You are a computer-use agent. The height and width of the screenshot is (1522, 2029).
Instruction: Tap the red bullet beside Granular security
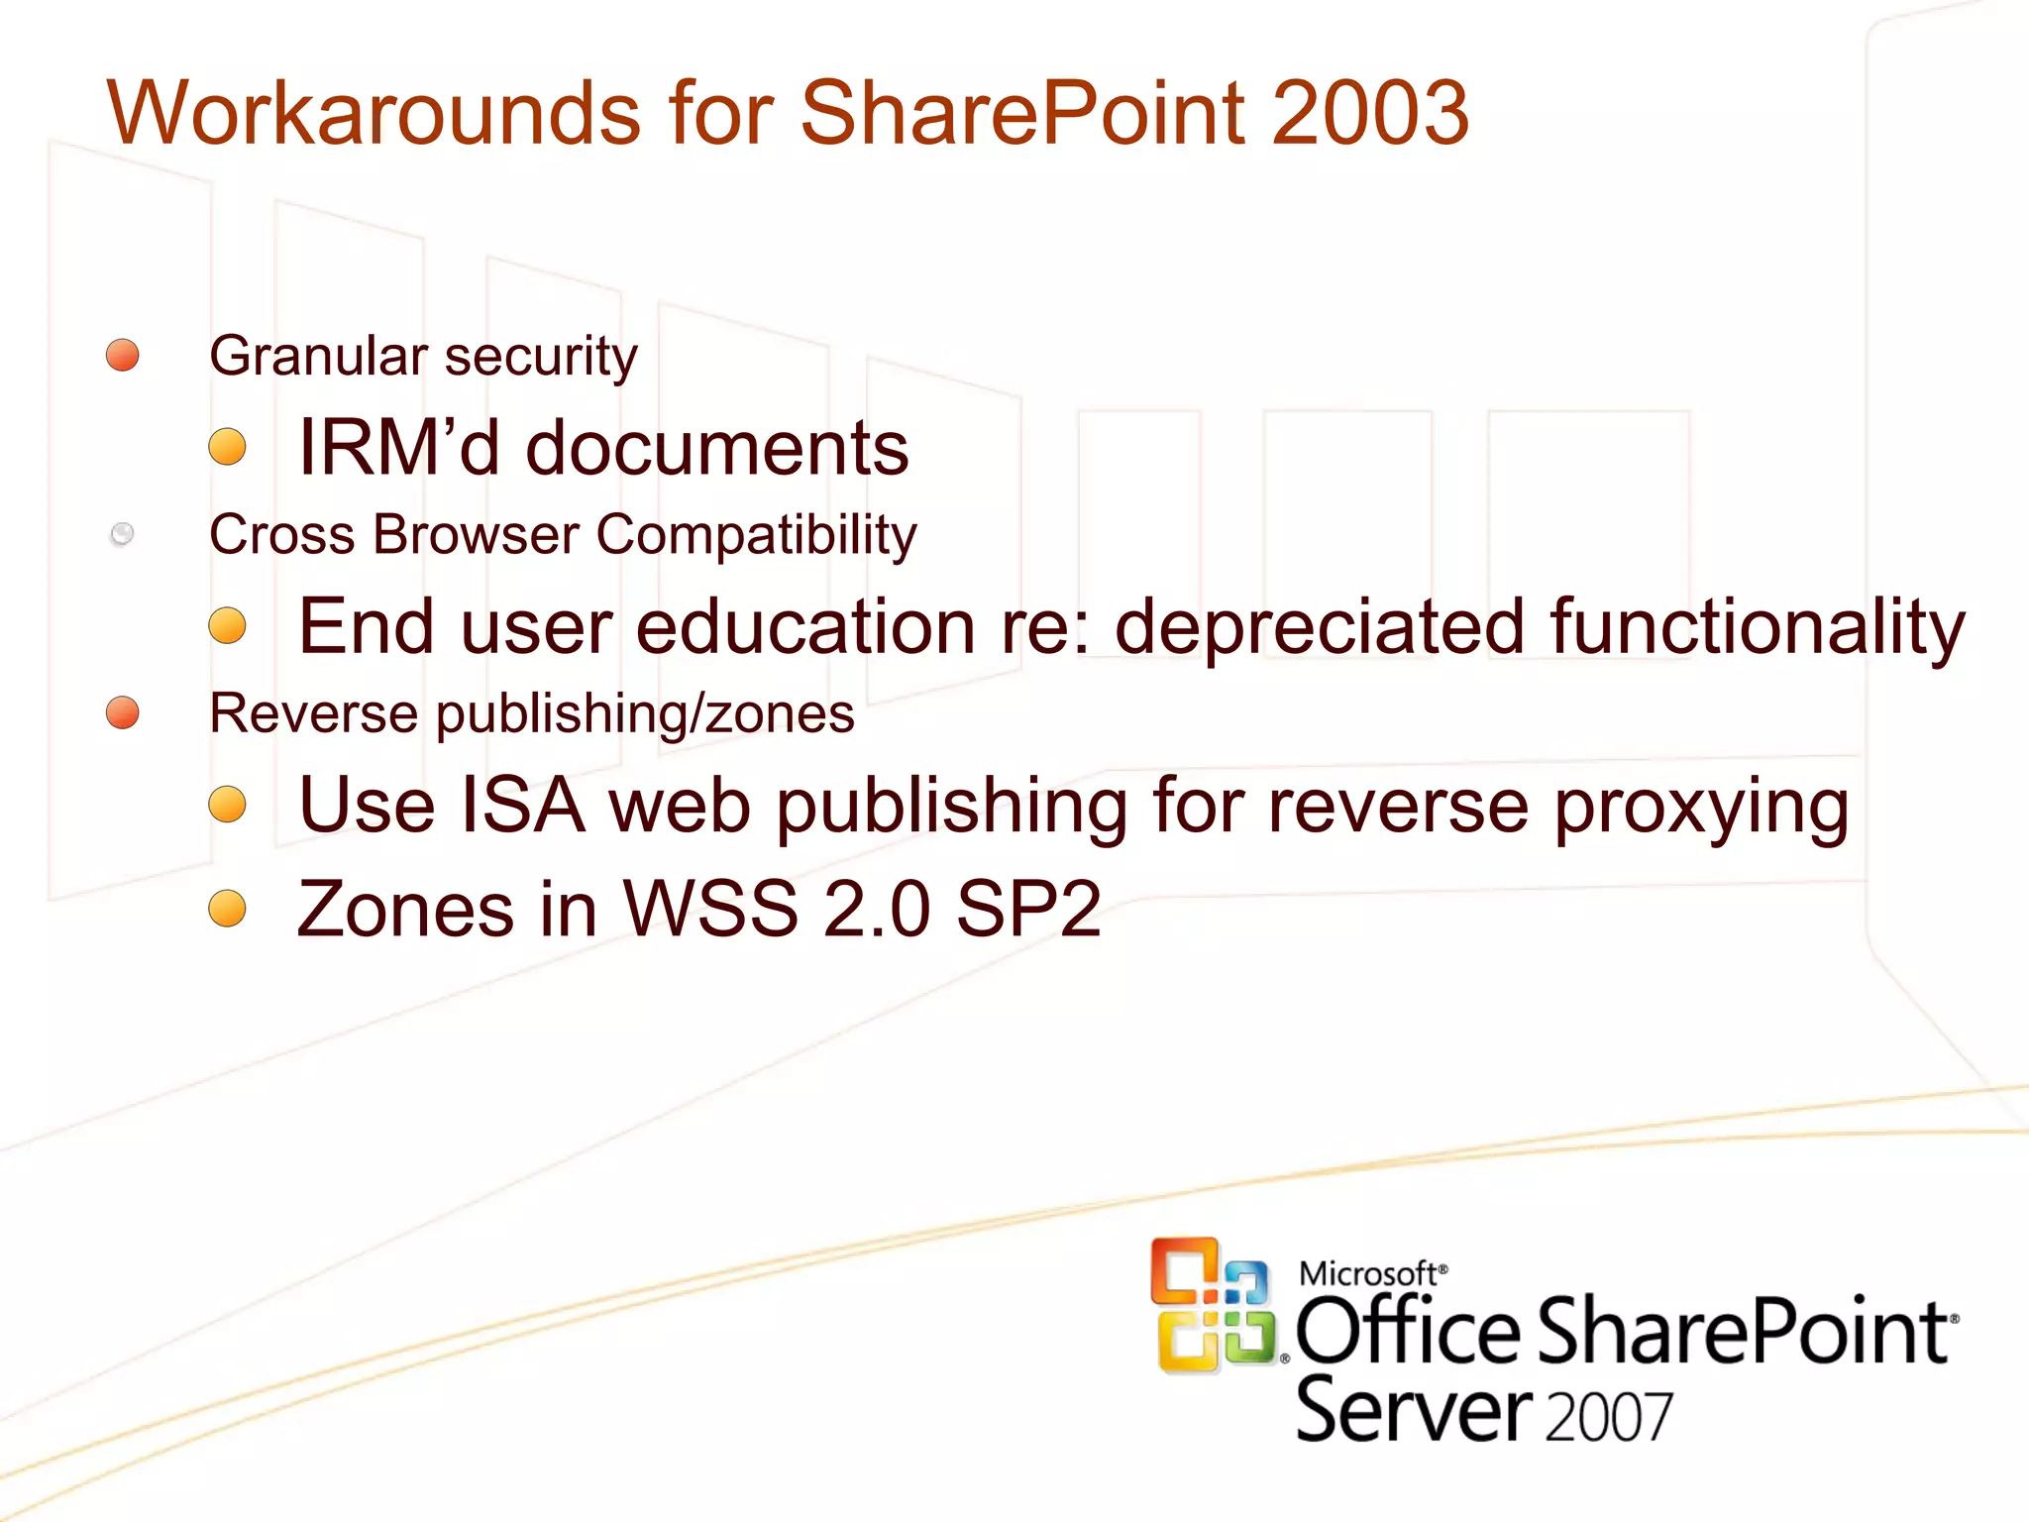[123, 355]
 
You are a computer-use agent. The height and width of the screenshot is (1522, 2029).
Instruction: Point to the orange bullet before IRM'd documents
[228, 447]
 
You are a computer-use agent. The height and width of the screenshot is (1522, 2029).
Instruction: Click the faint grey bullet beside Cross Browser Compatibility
[123, 534]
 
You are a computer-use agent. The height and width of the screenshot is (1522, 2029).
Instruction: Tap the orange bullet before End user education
[228, 625]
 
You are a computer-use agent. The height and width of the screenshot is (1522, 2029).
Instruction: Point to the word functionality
[1758, 627]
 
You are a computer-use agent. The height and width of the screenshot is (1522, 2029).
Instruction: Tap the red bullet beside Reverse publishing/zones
[123, 712]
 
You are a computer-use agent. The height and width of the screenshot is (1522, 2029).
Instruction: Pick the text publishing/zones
[645, 714]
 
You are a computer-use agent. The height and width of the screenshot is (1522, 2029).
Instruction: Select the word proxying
[1701, 807]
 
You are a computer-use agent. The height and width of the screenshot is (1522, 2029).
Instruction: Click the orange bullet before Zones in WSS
[228, 908]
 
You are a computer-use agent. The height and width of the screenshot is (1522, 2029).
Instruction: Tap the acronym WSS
[709, 909]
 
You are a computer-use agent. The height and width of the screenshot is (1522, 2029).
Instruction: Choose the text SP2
[1027, 909]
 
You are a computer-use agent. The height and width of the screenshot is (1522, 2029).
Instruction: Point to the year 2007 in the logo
[1608, 1417]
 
